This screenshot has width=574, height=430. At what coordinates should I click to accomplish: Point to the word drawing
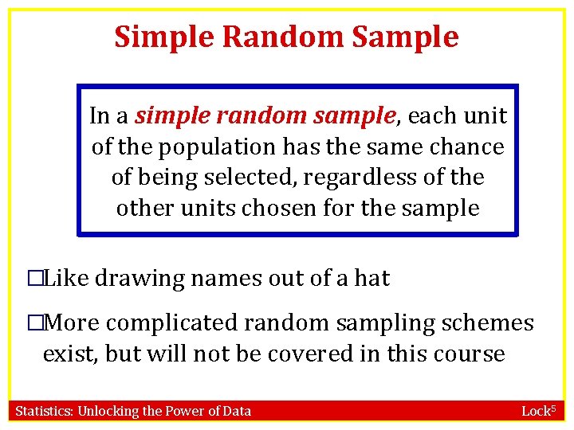click(143, 279)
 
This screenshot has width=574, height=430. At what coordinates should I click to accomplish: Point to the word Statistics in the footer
click(44, 411)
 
